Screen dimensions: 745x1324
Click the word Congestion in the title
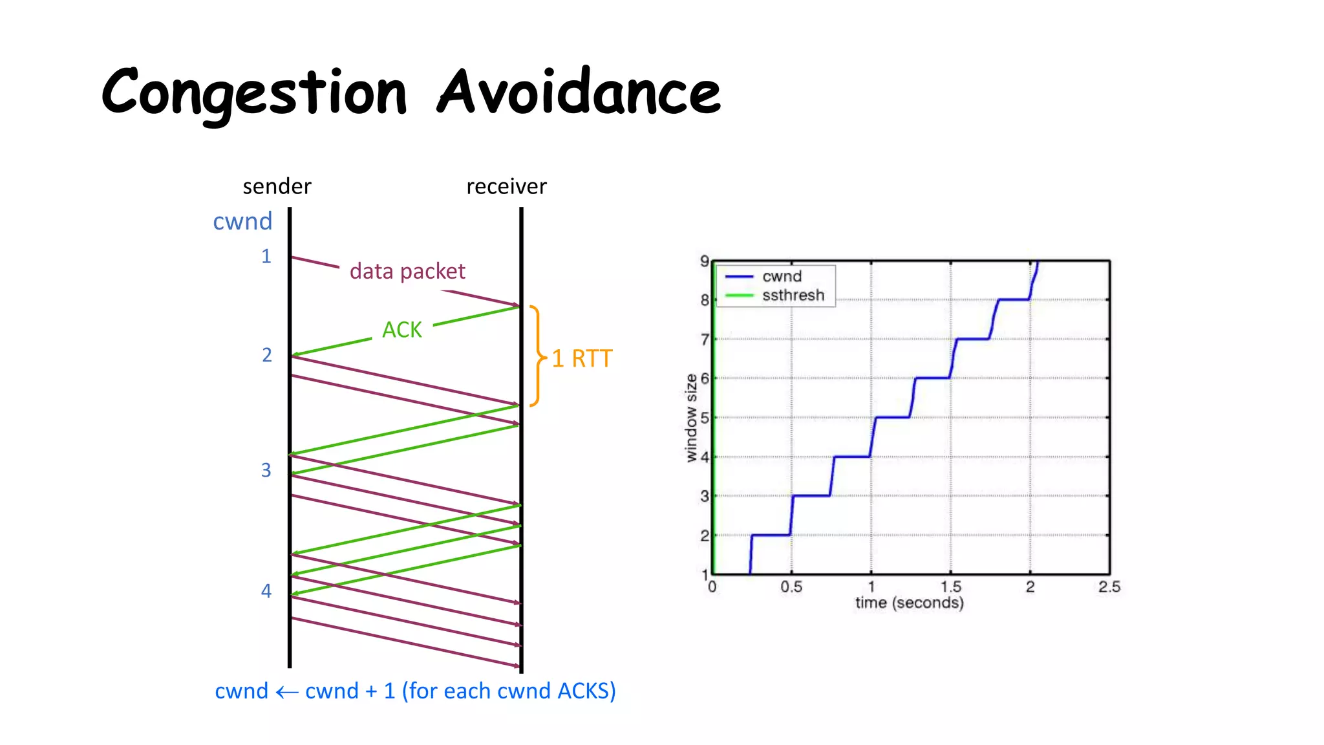[x=254, y=92]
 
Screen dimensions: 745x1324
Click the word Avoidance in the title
[x=579, y=92]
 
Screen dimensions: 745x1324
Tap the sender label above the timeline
[x=277, y=186]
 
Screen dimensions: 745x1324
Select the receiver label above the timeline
[x=506, y=186]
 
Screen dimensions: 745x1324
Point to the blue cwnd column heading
[x=242, y=221]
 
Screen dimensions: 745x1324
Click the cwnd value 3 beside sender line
[x=266, y=470]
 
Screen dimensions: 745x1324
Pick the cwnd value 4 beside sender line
[x=266, y=590]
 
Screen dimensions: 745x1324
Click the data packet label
[x=407, y=271]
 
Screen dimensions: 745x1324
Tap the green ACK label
[x=401, y=330]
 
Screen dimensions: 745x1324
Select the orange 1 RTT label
[x=582, y=358]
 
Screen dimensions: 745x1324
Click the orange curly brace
[x=537, y=356]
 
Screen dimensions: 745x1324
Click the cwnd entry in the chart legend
[x=782, y=276]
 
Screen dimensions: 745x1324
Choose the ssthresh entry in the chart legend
[x=793, y=296]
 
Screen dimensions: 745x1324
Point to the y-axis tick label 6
[x=705, y=378]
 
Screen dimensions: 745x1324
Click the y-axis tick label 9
[x=705, y=261]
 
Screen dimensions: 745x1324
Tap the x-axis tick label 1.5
[x=950, y=587]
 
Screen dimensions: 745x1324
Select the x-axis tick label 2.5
[x=1109, y=587]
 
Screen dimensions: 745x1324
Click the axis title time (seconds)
[x=909, y=603]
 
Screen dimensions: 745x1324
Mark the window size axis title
[x=691, y=418]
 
